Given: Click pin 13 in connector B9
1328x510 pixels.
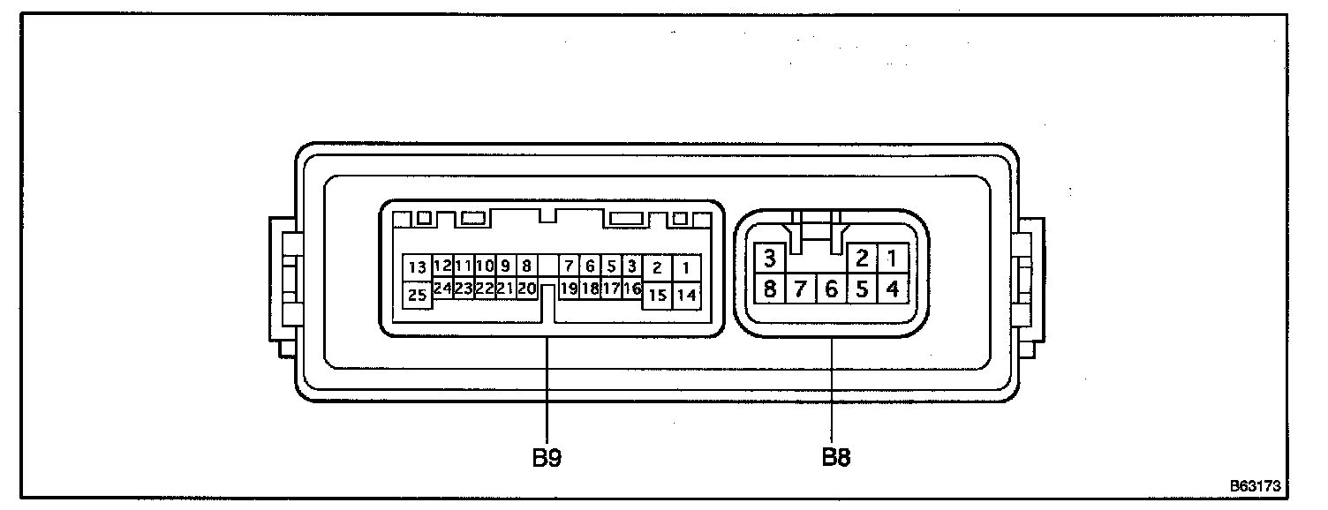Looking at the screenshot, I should pos(417,266).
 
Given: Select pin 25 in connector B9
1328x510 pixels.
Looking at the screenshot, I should pos(417,296).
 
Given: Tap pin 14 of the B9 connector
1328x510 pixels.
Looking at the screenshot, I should pos(686,296).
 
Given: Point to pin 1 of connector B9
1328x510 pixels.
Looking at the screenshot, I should pos(686,266).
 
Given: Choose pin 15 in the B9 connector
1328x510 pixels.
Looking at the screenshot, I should pos(657,296).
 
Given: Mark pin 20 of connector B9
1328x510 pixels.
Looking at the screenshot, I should pos(527,288).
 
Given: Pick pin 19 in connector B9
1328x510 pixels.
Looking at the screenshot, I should pos(570,288).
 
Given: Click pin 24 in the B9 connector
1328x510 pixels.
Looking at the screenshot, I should pos(442,288).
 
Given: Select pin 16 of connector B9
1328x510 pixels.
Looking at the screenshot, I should pos(632,288).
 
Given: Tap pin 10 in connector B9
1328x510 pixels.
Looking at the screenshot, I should pos(485,265).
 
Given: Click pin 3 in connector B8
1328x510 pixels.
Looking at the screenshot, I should pos(770,259).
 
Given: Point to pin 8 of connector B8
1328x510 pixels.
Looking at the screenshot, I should pos(770,288).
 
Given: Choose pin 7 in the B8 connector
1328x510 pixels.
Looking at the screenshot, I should pos(801,288).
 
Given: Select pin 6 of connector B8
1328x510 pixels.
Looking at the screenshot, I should pos(831,288).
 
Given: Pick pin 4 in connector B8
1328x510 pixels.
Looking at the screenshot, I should pos(893,288).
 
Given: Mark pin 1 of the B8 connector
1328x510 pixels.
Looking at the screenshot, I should pos(893,259).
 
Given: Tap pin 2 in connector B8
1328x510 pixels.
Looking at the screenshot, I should pos(863,259).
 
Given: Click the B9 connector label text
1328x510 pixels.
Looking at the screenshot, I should pos(547,458).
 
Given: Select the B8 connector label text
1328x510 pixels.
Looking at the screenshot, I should pos(836,458).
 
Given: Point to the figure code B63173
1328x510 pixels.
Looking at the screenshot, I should pos(1255,485).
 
